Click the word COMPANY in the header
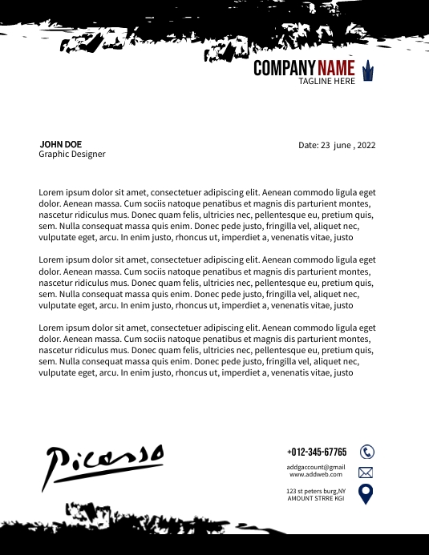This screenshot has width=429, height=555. [x=285, y=69]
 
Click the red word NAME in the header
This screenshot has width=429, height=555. [x=336, y=69]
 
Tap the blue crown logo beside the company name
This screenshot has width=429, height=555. [x=368, y=70]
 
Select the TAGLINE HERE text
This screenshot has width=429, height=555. [x=326, y=82]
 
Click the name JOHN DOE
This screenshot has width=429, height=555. [x=60, y=144]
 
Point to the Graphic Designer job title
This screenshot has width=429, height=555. [x=72, y=154]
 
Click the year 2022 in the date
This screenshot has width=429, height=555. [x=366, y=146]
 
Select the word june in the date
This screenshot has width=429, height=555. [x=341, y=146]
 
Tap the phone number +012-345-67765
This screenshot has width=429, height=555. [x=317, y=452]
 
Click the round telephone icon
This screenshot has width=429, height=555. [x=367, y=452]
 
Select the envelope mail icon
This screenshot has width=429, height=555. [x=366, y=473]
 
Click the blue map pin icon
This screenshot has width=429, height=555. [x=366, y=493]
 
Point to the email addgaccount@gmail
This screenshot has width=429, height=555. [x=316, y=467]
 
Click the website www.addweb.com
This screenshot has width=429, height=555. [x=316, y=474]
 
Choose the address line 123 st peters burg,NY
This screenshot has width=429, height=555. [x=316, y=491]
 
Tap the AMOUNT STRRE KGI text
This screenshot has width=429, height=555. [x=316, y=498]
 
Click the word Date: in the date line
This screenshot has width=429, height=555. [x=309, y=146]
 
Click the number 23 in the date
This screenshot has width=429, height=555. [x=326, y=146]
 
